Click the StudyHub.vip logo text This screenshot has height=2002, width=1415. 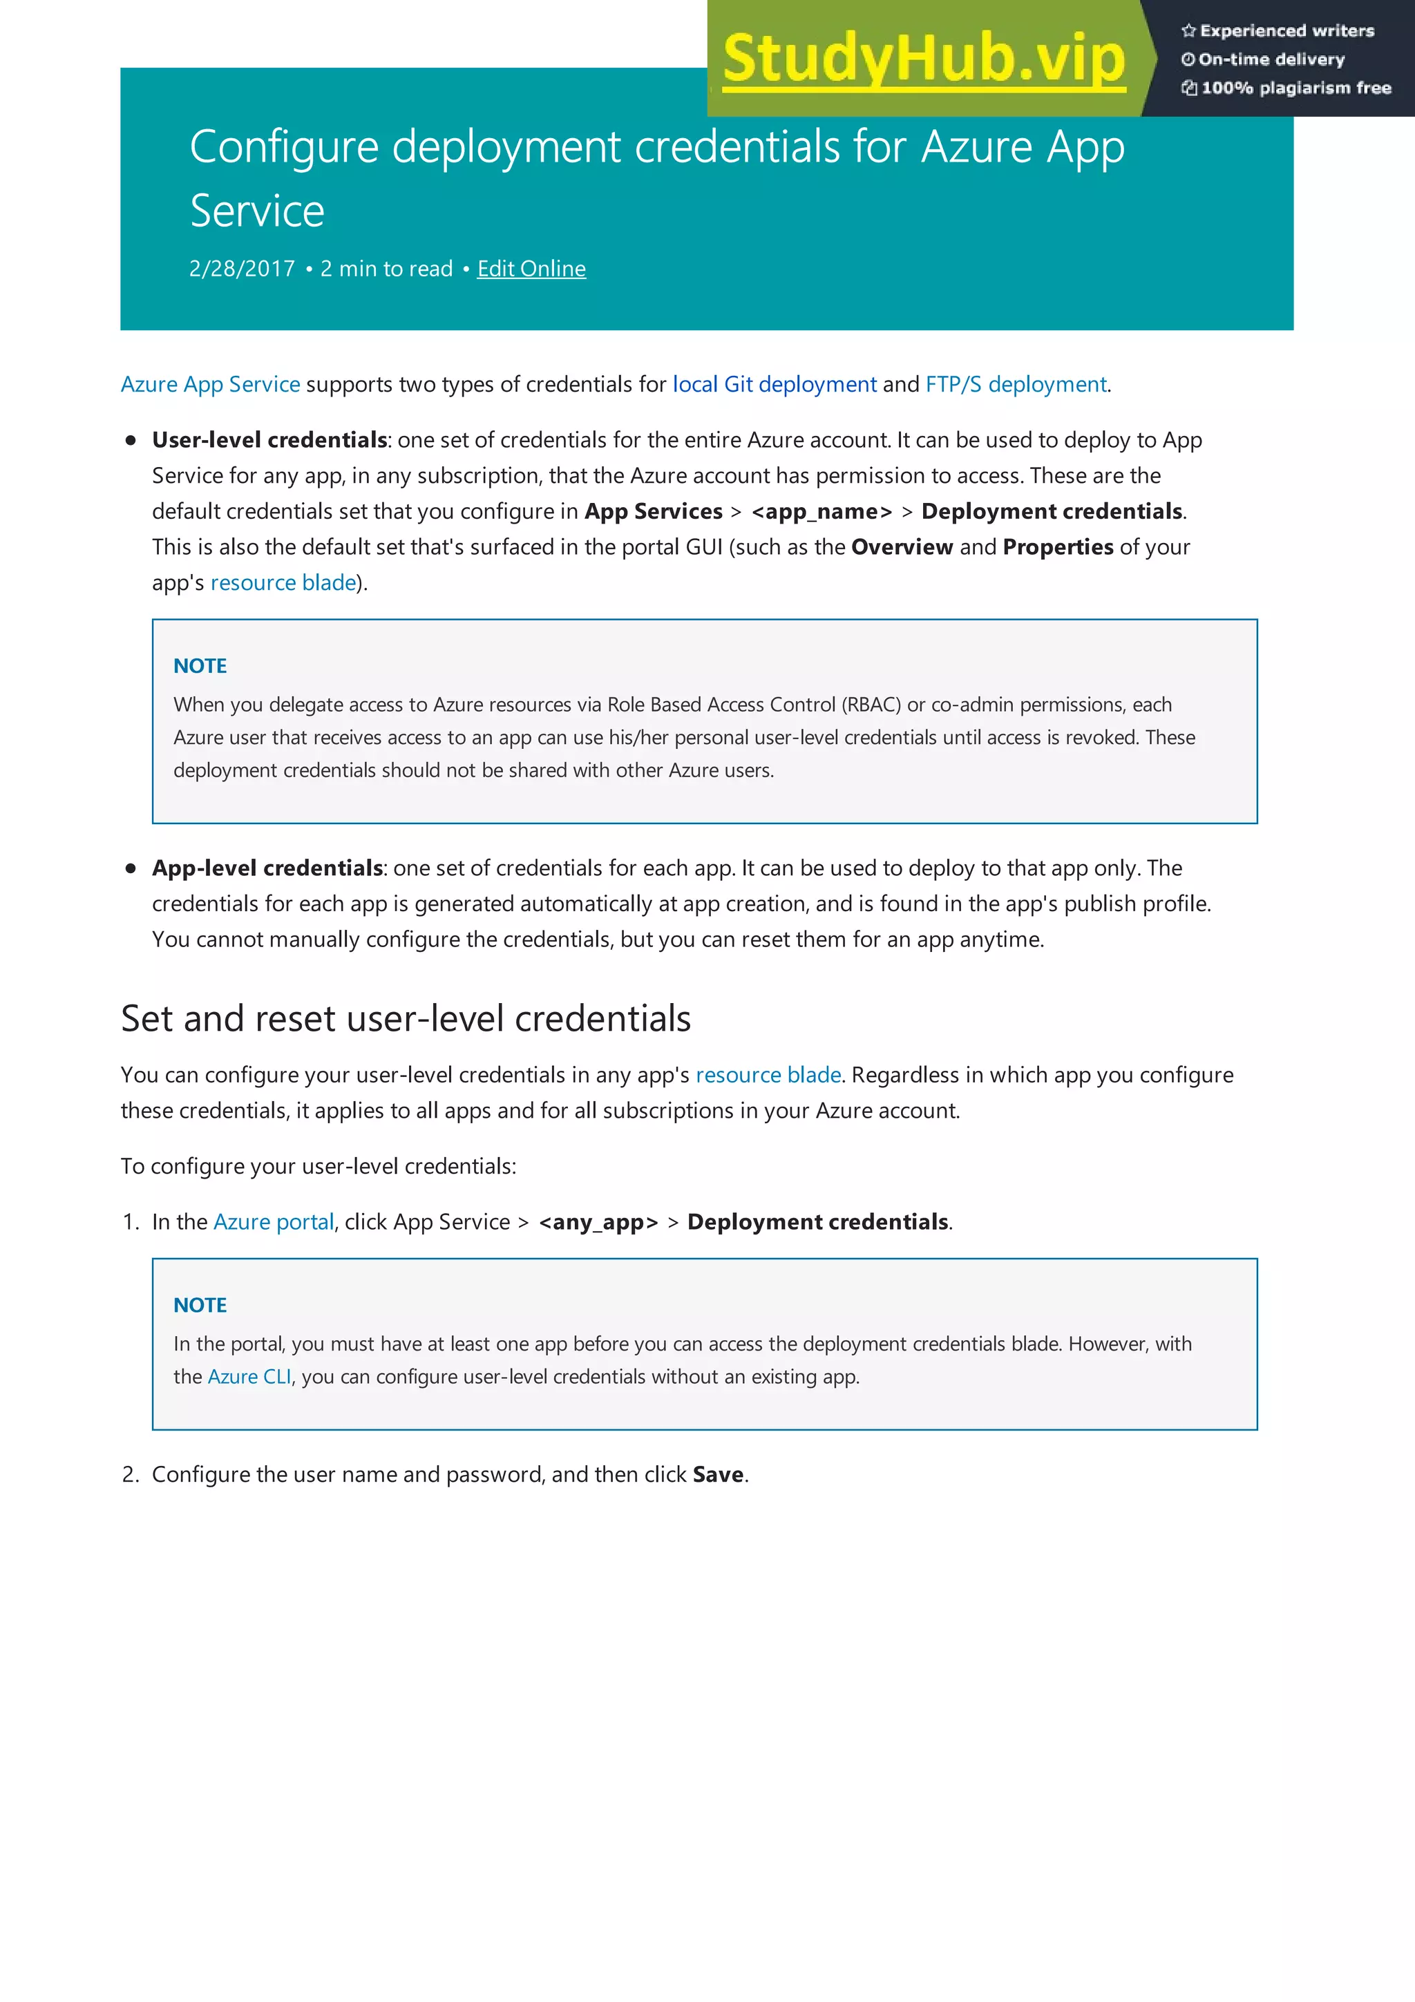point(924,59)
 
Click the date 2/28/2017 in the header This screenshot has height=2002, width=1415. point(242,269)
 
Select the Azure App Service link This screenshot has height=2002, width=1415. point(210,385)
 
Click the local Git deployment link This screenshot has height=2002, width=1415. point(775,385)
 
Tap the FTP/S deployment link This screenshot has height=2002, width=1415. point(1016,385)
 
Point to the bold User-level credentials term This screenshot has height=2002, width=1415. point(269,439)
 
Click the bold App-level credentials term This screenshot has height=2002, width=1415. point(267,868)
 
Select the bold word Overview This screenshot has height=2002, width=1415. point(902,546)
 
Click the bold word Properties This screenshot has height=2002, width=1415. point(1058,546)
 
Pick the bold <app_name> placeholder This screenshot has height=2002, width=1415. point(822,511)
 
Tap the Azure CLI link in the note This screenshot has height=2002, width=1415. point(249,1377)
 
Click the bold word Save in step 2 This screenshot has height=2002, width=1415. point(718,1474)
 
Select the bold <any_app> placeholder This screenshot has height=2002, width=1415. point(598,1223)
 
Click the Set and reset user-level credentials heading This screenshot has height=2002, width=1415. point(406,1018)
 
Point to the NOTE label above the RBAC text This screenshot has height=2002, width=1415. point(200,666)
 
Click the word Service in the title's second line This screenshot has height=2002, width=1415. point(257,211)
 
